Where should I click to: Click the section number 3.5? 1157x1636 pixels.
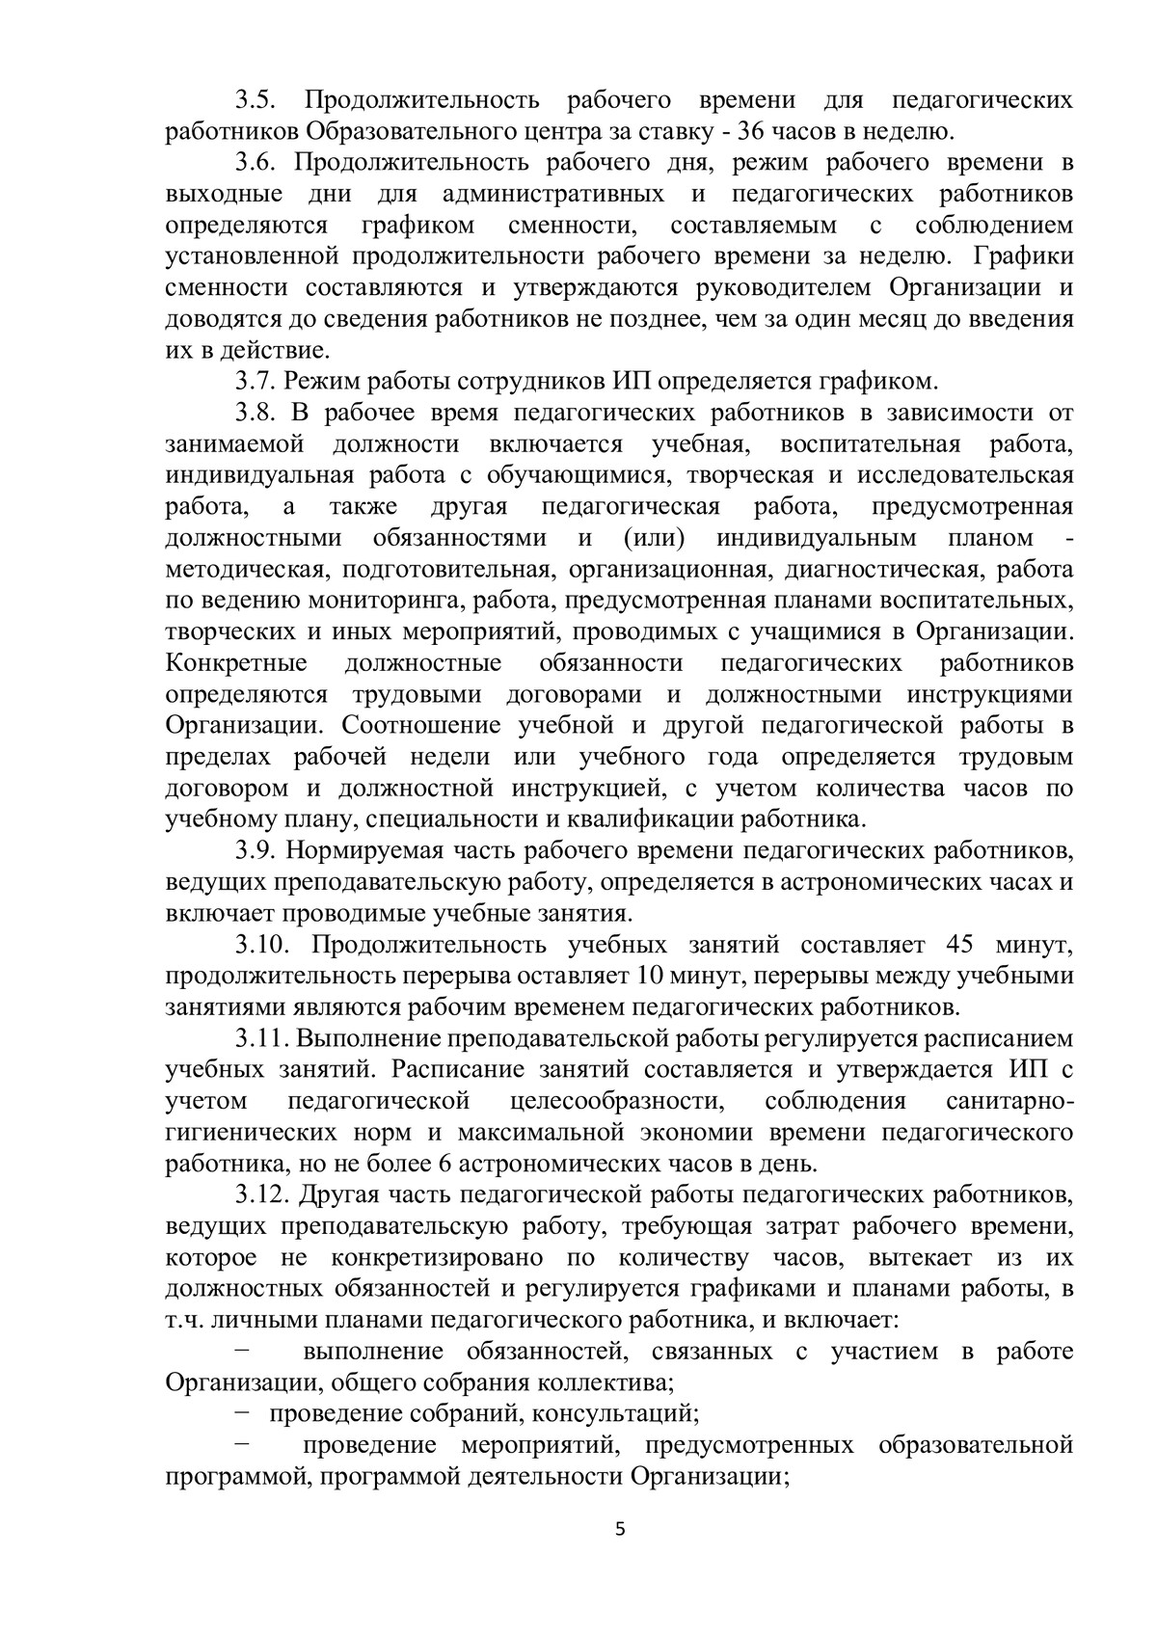pos(257,100)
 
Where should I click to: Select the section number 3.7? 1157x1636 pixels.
pos(257,381)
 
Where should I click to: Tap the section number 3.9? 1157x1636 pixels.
pos(257,850)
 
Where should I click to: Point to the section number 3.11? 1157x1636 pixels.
pos(263,1038)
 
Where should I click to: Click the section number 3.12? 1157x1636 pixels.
pos(263,1195)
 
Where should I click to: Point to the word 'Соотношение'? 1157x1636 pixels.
pos(418,725)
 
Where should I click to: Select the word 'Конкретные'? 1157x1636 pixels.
pos(236,663)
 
